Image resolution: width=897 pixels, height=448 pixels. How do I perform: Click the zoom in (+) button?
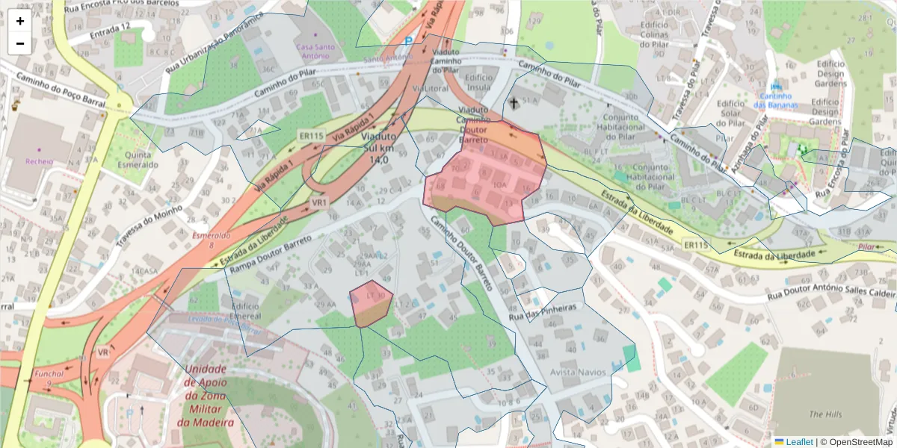20,21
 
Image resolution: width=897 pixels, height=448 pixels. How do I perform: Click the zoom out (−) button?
20,43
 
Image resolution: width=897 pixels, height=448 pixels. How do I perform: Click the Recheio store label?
39,161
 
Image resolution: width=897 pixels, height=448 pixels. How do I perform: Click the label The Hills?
825,414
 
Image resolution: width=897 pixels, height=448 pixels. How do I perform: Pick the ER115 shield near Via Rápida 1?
310,136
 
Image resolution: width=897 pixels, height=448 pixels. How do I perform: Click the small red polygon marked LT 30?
371,304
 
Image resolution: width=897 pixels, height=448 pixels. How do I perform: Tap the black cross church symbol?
514,102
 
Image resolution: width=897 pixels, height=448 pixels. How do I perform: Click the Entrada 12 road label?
110,31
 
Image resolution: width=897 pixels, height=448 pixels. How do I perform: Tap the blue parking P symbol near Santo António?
408,43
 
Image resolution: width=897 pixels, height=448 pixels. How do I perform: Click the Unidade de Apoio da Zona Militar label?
206,396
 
